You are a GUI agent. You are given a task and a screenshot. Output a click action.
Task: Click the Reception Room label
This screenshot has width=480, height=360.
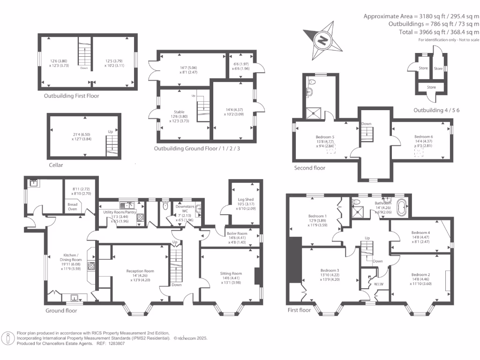(x=140, y=271)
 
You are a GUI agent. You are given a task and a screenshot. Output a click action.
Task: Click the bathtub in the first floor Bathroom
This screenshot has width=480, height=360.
(x=401, y=207)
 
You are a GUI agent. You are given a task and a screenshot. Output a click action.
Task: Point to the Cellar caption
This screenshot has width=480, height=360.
(x=56, y=165)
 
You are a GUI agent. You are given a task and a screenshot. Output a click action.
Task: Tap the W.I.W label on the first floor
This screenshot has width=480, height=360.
(x=380, y=284)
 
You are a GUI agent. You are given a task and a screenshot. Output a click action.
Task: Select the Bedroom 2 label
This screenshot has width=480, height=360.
(x=420, y=275)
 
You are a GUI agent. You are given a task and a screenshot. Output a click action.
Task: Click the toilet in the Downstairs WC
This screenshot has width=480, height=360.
(x=164, y=206)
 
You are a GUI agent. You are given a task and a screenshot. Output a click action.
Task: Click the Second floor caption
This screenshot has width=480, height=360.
(x=309, y=168)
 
